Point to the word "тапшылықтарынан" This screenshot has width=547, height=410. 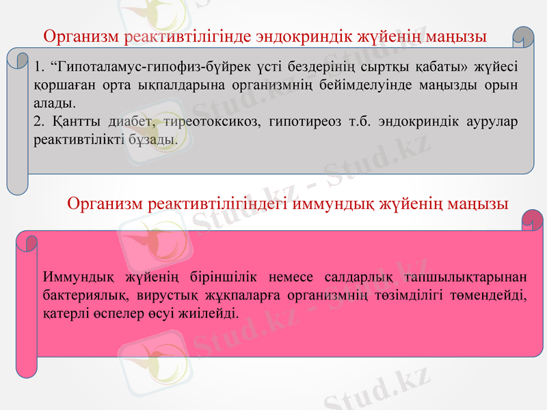(474, 277)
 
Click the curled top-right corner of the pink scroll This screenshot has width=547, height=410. (531, 219)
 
